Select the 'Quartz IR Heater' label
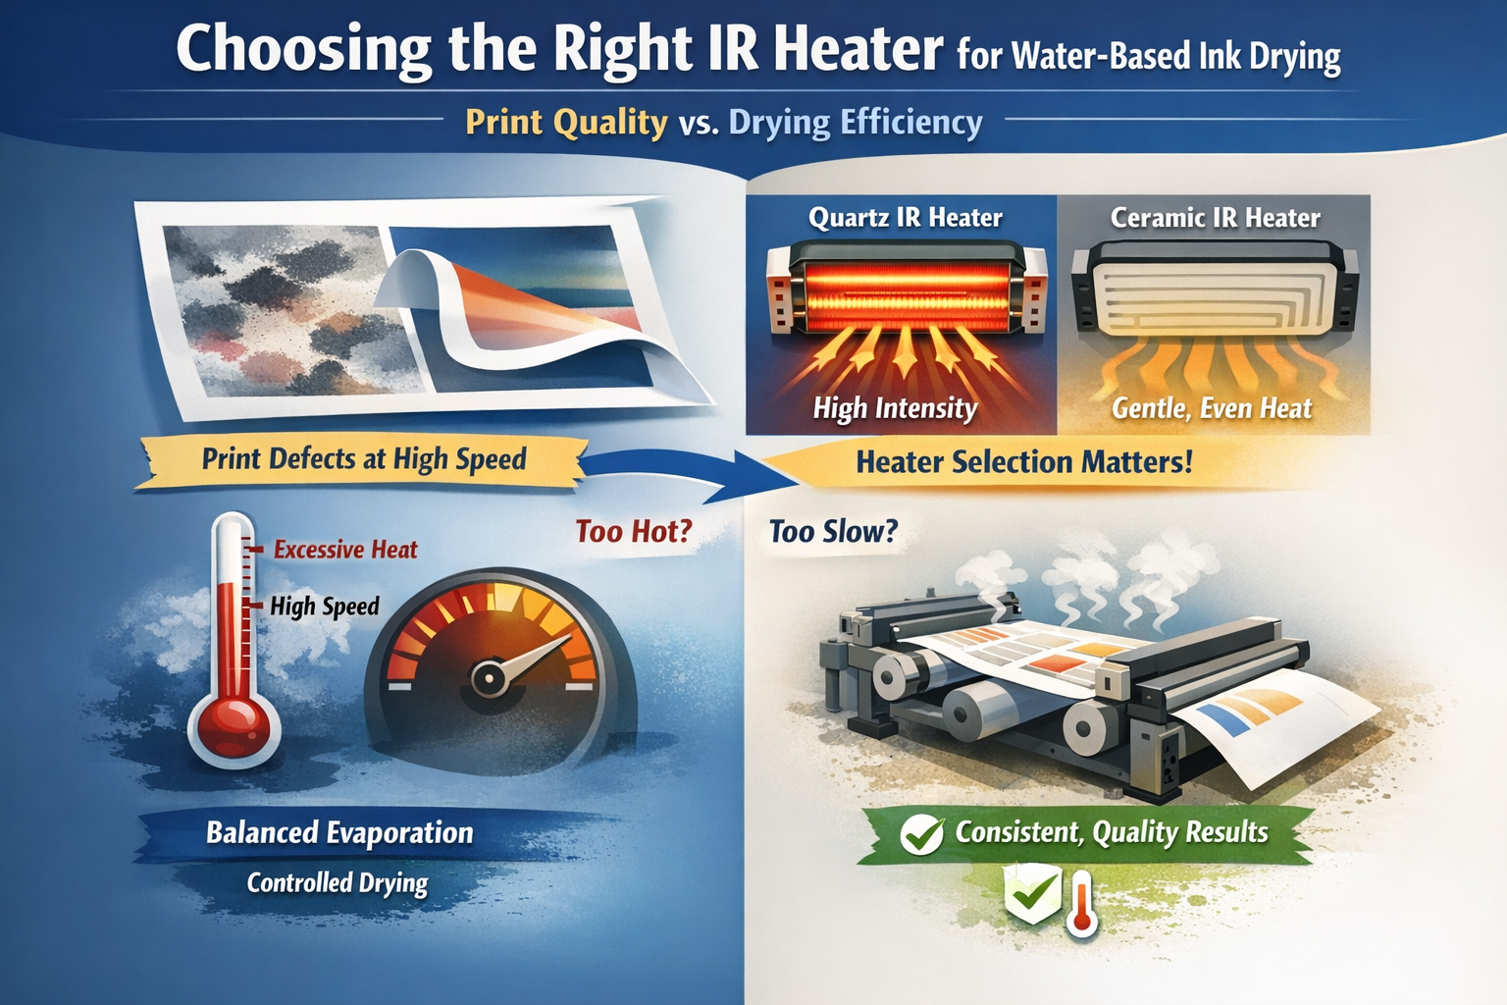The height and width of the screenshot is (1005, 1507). click(x=905, y=218)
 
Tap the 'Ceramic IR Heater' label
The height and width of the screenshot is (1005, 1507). click(x=1215, y=218)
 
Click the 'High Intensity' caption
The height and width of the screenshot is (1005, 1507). click(x=895, y=408)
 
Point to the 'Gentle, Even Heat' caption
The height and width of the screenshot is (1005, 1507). click(x=1212, y=408)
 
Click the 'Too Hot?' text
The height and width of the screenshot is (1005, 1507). click(x=634, y=532)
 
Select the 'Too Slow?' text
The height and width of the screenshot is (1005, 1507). click(x=833, y=532)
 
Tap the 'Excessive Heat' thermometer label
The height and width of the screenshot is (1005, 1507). click(x=345, y=550)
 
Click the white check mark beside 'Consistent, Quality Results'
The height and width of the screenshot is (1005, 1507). click(x=921, y=835)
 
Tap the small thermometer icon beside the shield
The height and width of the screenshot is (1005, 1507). click(x=1082, y=906)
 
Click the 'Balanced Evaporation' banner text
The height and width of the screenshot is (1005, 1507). click(x=339, y=833)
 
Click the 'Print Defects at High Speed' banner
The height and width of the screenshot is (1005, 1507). click(x=363, y=459)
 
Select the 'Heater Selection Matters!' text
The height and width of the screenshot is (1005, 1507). click(x=1023, y=463)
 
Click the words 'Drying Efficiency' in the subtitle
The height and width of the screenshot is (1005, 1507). click(x=856, y=124)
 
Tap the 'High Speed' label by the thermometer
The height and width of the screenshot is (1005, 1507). click(x=325, y=607)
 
